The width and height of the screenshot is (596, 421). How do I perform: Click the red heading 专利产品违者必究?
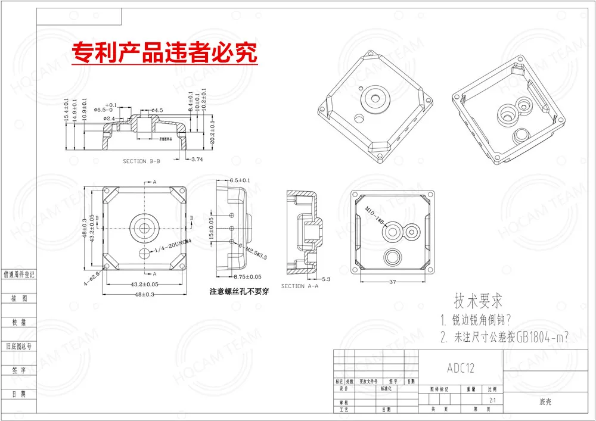[x=164, y=53]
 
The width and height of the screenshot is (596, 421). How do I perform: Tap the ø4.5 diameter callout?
[x=157, y=110]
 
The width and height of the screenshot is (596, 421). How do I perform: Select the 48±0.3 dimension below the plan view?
[x=145, y=294]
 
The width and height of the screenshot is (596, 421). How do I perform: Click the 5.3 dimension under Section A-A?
[x=326, y=279]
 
